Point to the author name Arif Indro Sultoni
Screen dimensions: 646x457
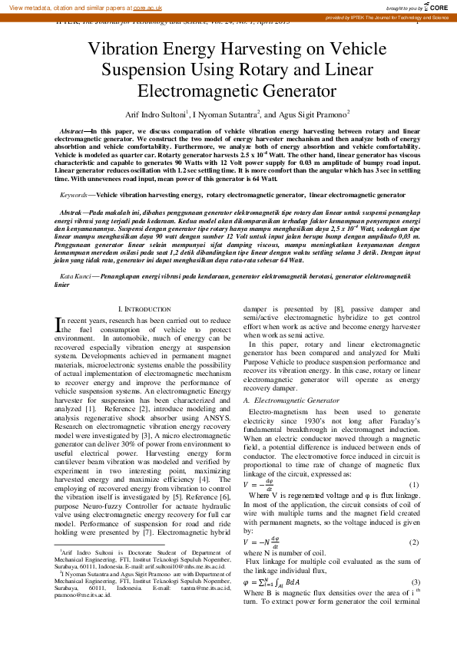click(x=157, y=114)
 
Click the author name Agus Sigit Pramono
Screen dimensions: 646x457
click(x=316, y=114)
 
